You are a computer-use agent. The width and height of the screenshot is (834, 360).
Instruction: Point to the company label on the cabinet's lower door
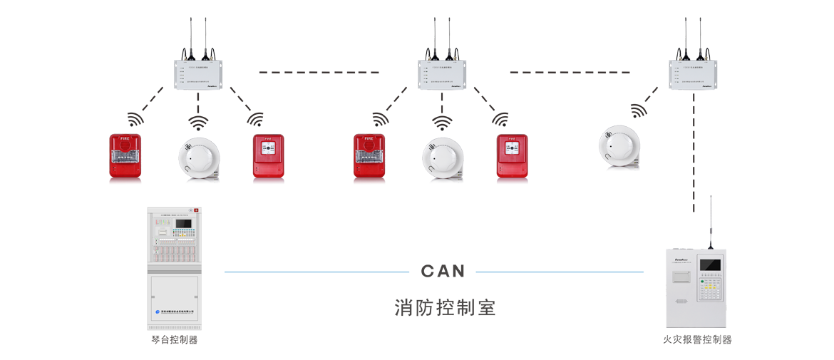174,311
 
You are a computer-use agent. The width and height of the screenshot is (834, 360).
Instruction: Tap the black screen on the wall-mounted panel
710,264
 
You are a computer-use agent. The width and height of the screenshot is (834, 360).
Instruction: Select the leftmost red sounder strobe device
125,155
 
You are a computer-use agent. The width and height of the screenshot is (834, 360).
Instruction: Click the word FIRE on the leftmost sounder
125,138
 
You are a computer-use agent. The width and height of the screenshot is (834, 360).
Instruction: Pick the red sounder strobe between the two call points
369,155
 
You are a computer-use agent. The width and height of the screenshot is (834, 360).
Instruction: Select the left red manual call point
269,156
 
